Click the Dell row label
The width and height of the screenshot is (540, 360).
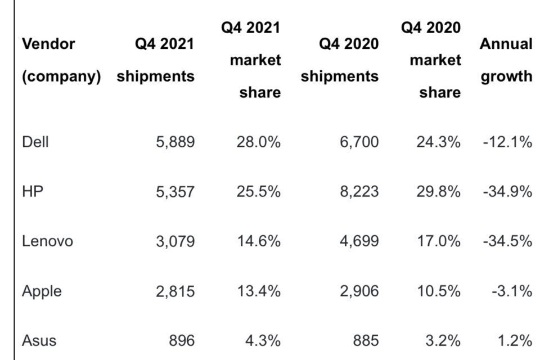[x=35, y=142]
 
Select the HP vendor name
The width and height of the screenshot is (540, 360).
[x=33, y=191]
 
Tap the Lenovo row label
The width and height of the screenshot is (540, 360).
[x=47, y=241]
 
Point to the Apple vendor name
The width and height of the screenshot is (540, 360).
[x=42, y=291]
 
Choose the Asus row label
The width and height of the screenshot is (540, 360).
[x=39, y=340]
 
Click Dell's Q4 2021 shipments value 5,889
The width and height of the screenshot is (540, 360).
[x=175, y=142]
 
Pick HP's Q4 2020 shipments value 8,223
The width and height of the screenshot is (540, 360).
[x=359, y=191]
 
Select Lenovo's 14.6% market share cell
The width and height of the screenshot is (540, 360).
[x=258, y=241]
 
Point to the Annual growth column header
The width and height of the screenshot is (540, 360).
[x=506, y=60]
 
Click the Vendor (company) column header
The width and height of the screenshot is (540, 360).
[x=61, y=60]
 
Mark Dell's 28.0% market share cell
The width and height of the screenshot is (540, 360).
[x=258, y=142]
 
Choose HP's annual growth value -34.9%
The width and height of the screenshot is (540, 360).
[x=507, y=191]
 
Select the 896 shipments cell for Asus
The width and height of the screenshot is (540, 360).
[x=182, y=340]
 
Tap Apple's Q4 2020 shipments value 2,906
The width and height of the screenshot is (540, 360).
[x=359, y=291]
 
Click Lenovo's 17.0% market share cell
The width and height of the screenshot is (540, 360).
[x=438, y=241]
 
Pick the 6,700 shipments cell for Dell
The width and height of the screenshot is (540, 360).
[x=359, y=142]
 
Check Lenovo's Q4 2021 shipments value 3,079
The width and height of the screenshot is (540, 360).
[x=175, y=241]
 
